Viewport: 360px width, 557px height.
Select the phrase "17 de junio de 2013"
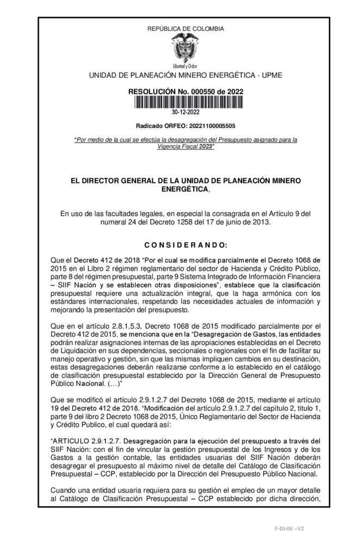click(x=229, y=222)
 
